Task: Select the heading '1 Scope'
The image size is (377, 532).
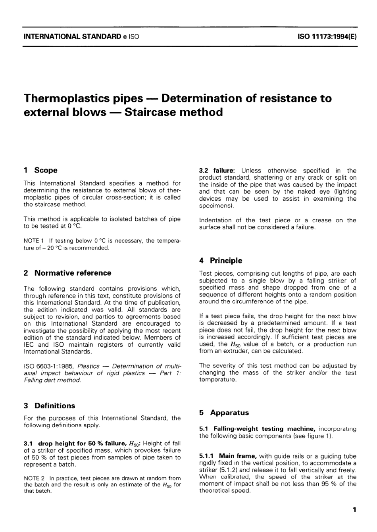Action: [40, 170]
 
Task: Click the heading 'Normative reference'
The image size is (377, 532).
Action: [73, 273]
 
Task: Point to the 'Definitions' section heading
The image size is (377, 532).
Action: [55, 406]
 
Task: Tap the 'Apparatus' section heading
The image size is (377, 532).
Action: [229, 413]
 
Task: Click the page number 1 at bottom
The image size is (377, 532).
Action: [354, 509]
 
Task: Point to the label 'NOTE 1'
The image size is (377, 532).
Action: [32, 241]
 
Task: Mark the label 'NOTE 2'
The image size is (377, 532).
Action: [32, 478]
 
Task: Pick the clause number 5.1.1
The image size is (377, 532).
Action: [206, 456]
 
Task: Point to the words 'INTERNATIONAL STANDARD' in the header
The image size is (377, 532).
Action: [72, 37]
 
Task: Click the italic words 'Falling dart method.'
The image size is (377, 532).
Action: [52, 380]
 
